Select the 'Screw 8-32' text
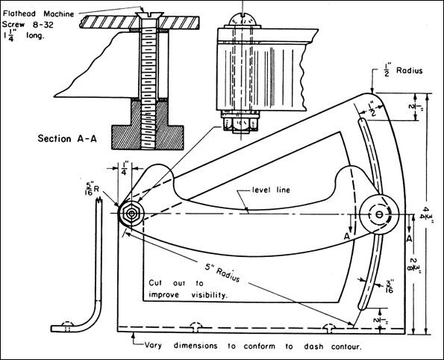(29, 23)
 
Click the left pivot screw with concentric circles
(131, 213)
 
